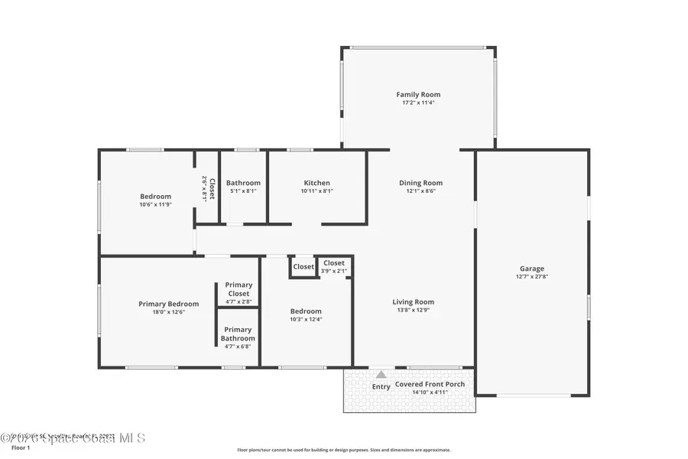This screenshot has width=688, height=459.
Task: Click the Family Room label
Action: [x=418, y=94]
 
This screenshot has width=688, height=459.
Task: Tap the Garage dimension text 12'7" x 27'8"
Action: [x=532, y=276]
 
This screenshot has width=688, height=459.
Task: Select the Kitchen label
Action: [x=317, y=183]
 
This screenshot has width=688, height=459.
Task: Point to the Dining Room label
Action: [x=420, y=183]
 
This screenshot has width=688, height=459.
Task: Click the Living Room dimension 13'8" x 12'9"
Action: [x=413, y=310]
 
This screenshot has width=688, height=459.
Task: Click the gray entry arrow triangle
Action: [x=381, y=374]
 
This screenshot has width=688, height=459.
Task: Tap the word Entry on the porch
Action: [x=381, y=386]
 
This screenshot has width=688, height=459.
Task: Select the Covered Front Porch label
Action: [x=430, y=384]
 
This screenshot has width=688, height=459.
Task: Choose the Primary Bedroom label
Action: [x=168, y=304]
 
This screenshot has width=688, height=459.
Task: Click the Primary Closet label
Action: [x=239, y=289]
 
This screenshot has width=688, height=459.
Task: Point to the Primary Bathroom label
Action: [x=238, y=334]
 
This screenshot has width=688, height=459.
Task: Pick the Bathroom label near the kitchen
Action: [x=243, y=183]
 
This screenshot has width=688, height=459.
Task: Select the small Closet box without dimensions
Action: [x=303, y=267]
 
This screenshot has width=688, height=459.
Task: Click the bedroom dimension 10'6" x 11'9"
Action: [x=155, y=204]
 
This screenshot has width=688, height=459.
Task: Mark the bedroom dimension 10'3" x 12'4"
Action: [x=306, y=319]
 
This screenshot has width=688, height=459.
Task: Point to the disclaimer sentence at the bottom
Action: [x=344, y=450]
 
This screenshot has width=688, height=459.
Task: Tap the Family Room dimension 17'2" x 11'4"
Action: [x=418, y=103]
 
